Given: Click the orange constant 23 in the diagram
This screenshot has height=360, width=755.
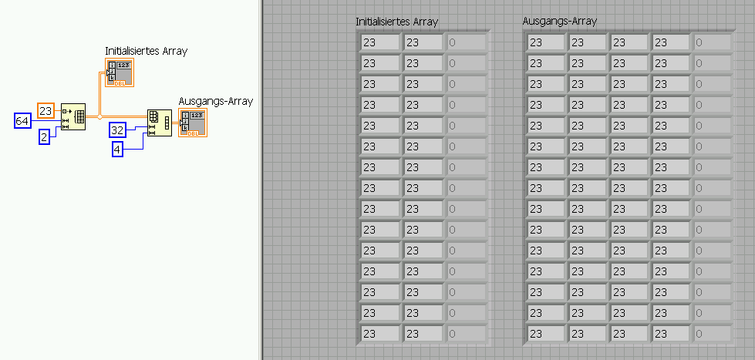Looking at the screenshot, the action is coord(46,111).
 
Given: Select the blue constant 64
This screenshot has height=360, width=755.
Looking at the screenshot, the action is coord(22,121).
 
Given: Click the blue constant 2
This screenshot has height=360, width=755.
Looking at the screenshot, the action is coord(44,137).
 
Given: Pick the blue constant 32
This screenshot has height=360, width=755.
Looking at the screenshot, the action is coord(117,130).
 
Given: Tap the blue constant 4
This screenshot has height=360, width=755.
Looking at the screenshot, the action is coord(117,150).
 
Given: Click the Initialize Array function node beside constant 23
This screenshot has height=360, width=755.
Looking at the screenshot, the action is coord(73,116).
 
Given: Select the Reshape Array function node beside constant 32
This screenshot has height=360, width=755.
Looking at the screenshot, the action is coord(160,123).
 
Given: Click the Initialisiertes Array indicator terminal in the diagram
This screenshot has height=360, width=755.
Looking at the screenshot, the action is coord(120,72).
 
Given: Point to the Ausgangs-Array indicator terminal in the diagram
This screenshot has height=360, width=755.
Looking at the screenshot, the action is coord(193,123).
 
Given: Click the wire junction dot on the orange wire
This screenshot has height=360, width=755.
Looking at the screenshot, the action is coord(99,116).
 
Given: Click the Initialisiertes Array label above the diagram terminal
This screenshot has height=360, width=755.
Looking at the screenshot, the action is coord(147,51).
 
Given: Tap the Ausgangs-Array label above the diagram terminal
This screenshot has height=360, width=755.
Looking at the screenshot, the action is coord(216,102).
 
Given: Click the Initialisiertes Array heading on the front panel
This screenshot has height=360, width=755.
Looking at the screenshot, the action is coord(396,22).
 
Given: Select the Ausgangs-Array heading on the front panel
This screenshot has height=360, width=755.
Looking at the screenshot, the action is coord(560,21).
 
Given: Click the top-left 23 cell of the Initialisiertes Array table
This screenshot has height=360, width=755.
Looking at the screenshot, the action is coord(380,42).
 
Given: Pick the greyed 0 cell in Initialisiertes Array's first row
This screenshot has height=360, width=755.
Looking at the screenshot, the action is coord(467,42).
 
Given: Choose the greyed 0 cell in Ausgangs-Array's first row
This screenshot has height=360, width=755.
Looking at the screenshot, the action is coord(713,42).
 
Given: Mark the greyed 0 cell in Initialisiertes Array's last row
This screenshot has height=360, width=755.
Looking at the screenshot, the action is coord(467,334).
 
